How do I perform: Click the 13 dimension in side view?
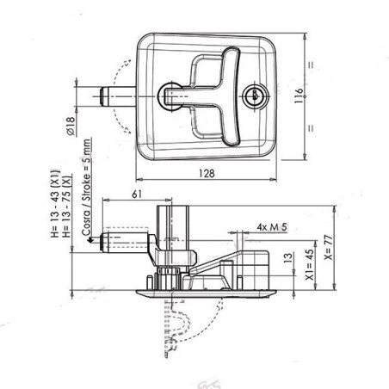tap(287, 258)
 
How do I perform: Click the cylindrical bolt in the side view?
tap(120, 244)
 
